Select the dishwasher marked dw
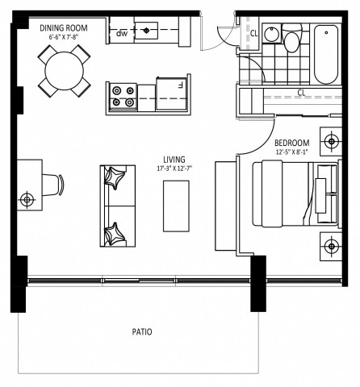click(x=122, y=33)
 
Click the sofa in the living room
click(x=115, y=206)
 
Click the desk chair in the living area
click(x=52, y=183)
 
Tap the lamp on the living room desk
click(x=28, y=198)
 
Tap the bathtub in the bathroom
click(x=327, y=54)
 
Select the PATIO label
click(x=143, y=331)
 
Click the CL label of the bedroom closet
click(x=300, y=93)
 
